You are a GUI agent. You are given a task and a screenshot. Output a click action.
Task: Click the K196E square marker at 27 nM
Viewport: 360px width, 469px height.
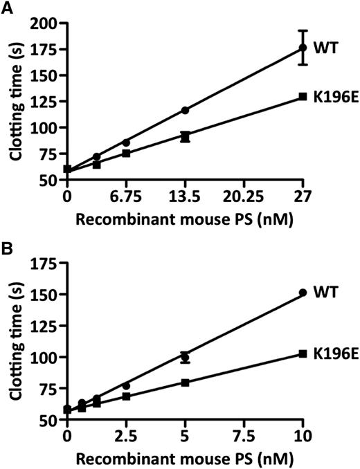[x=303, y=97]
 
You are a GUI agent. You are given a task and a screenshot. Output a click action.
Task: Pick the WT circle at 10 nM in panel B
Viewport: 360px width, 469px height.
[x=303, y=293]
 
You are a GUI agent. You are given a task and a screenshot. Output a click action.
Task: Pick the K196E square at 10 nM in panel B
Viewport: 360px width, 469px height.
[x=303, y=353]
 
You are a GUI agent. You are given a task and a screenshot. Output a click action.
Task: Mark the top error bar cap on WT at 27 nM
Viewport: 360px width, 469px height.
[x=303, y=30]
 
